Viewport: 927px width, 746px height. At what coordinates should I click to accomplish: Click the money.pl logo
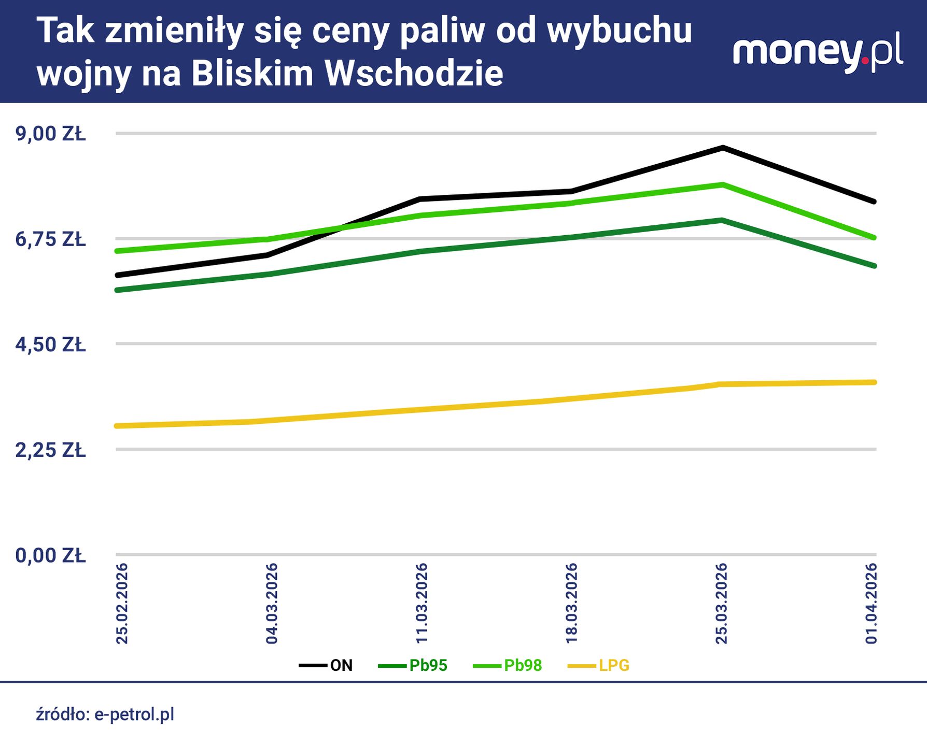[818, 53]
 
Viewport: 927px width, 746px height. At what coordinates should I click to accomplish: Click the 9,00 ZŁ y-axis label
[50, 134]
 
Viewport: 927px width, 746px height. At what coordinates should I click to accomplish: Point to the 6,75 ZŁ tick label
[50, 239]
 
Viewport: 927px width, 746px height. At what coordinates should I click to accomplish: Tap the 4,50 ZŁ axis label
[50, 345]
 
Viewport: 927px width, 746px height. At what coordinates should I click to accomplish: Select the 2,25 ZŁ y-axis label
[50, 450]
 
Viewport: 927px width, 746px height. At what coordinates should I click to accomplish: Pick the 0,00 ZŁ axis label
[50, 555]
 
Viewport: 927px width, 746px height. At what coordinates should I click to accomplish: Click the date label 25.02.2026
[122, 604]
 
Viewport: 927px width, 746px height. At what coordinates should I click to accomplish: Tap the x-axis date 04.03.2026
[272, 604]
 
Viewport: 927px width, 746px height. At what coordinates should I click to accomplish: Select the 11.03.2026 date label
[422, 604]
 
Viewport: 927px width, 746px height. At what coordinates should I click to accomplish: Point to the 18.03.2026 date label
[571, 604]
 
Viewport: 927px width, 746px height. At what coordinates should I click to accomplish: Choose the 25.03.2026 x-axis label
[722, 604]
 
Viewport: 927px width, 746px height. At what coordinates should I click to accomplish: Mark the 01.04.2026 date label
[872, 604]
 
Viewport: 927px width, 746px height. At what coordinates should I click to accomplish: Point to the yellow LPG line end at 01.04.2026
[874, 382]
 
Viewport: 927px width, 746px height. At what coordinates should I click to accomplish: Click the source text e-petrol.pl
[134, 714]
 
